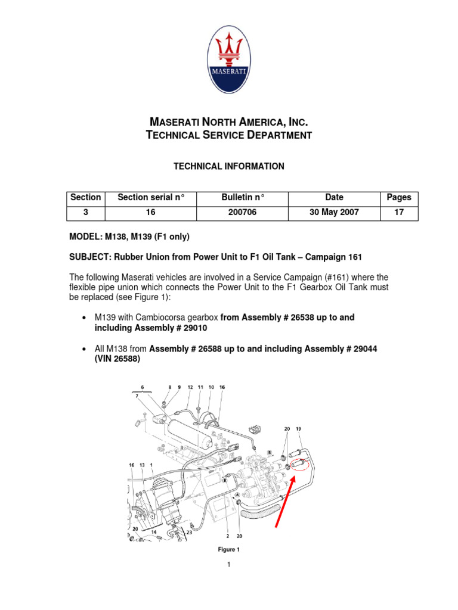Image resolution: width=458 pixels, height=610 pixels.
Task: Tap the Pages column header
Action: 399,198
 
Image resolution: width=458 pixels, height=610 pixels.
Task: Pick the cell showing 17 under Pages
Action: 399,213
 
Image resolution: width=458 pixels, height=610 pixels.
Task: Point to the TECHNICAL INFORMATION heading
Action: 228,167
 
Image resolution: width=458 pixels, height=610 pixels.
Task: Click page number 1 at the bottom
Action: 228,565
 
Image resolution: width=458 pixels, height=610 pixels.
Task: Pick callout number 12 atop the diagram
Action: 190,387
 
